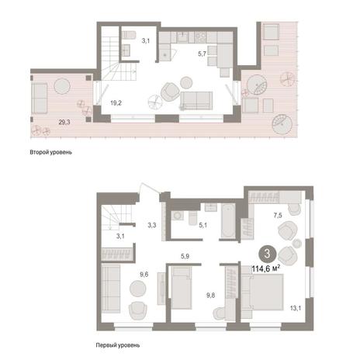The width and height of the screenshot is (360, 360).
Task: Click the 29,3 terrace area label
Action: point(64,122)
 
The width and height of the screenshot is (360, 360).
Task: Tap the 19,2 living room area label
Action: point(116,103)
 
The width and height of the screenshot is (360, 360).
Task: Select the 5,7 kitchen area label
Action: point(202,54)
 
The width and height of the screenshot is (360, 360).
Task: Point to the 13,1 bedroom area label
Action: point(295,308)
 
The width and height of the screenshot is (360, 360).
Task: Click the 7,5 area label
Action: point(278,215)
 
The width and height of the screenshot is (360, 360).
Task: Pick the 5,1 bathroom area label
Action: point(202,225)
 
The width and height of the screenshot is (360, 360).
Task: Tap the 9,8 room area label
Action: point(210,295)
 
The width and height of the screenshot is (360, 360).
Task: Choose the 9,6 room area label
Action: point(144,275)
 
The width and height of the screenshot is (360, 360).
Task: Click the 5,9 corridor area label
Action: point(185,256)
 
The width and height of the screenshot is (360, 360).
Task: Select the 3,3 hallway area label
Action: point(152,225)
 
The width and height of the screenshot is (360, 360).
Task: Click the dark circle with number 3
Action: point(267,254)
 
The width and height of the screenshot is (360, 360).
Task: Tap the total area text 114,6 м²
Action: point(266,269)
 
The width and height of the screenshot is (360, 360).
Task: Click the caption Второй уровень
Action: point(50,152)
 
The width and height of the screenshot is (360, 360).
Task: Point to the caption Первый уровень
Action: point(118,345)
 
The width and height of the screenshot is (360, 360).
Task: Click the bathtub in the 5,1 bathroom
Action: point(228,220)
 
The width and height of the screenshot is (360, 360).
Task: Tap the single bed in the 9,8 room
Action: point(182,288)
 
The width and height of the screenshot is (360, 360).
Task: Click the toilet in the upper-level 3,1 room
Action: point(129,35)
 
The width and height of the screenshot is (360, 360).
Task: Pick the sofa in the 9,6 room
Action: point(111,289)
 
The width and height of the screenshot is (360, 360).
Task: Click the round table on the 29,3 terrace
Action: point(62,86)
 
